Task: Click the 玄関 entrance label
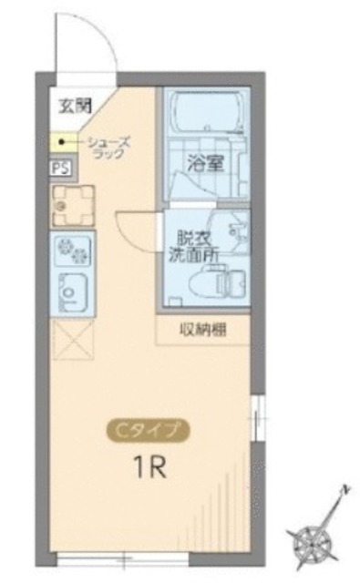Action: point(70,102)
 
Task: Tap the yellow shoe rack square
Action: point(65,142)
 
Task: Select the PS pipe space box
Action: point(58,168)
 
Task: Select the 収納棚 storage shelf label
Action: point(204,330)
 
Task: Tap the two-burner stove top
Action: point(70,248)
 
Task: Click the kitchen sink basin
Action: point(70,291)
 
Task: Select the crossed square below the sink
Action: point(70,342)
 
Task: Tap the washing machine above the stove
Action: point(70,205)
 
